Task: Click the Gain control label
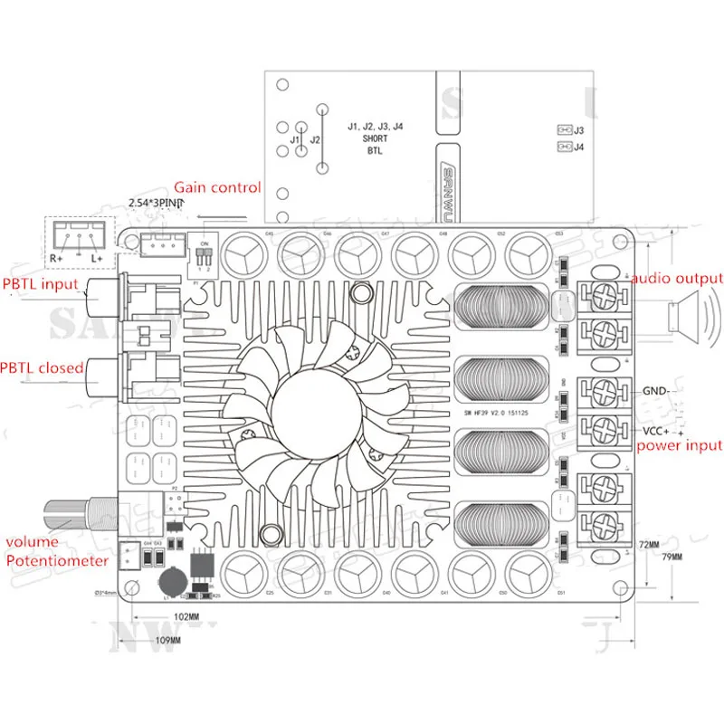(217, 187)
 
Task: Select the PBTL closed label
(42, 367)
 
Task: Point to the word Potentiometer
(57, 560)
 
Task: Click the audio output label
(677, 278)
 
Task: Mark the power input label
(680, 445)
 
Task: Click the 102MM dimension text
(186, 617)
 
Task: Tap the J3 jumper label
(579, 130)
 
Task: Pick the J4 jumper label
(579, 147)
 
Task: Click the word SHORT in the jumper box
(375, 139)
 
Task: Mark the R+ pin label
(55, 258)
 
